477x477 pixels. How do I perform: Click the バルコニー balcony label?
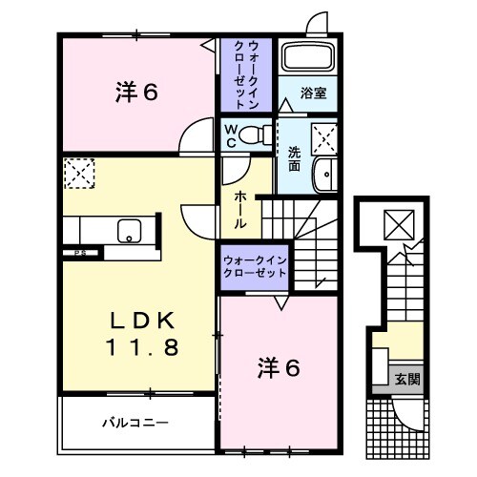(x=135, y=421)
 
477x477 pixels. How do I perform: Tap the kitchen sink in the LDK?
(x=127, y=231)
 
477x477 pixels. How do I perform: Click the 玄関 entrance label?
(x=407, y=378)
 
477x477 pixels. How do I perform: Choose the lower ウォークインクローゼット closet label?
(x=254, y=264)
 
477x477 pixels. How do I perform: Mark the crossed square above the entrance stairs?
(x=395, y=223)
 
